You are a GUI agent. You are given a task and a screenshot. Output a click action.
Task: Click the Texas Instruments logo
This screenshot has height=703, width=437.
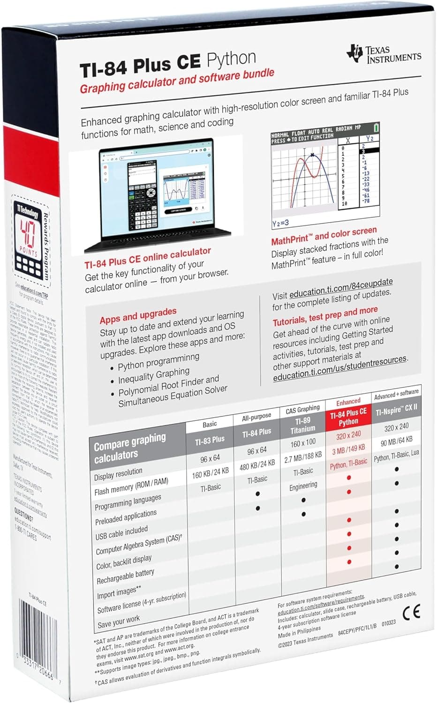click(x=384, y=55)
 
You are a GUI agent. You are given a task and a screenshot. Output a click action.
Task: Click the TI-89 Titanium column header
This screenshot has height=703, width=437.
click(x=303, y=425)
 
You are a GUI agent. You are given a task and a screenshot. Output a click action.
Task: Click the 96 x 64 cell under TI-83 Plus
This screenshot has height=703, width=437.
click(x=210, y=458)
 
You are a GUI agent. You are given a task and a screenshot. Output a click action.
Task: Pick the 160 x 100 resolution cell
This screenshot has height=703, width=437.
click(x=303, y=443)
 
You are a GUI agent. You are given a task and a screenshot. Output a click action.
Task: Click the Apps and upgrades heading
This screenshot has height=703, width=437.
click(x=138, y=316)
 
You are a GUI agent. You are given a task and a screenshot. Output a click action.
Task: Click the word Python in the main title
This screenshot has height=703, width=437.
click(x=231, y=60)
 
